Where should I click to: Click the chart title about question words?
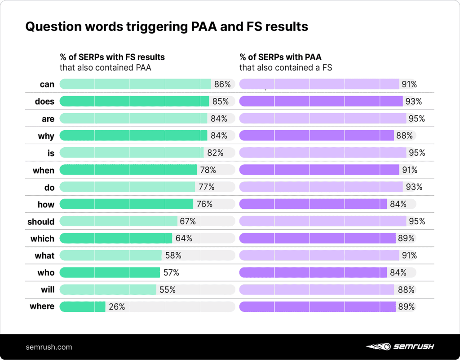(x=167, y=27)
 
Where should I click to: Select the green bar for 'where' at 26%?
(x=83, y=307)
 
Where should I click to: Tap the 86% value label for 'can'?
(x=222, y=84)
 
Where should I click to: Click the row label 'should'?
(x=41, y=222)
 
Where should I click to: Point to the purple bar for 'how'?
(x=313, y=204)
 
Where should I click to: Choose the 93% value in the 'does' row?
(x=413, y=101)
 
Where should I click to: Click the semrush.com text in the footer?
(x=49, y=347)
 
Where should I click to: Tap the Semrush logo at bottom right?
(x=399, y=347)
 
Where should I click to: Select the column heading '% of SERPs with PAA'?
(x=280, y=57)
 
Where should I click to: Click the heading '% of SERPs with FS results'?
(x=112, y=57)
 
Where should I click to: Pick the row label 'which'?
(x=42, y=239)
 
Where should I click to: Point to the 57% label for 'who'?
(x=170, y=272)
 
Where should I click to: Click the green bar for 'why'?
(x=133, y=136)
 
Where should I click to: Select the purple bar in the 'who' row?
(x=313, y=272)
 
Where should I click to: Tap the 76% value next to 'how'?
(x=204, y=204)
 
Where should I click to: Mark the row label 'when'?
(x=44, y=171)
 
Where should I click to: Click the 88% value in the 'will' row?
(x=406, y=290)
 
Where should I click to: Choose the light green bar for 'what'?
(x=111, y=255)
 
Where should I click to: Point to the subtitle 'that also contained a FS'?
(x=285, y=68)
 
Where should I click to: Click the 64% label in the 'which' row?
(x=183, y=238)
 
